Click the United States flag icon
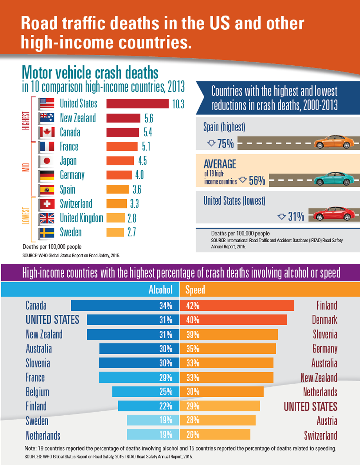pos(47,104)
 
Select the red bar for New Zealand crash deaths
pos(123,118)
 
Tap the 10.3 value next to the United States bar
pos(178,104)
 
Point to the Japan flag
pos(47,161)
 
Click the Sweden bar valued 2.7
pos(116,232)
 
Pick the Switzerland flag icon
pos(47,204)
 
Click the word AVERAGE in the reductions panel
pos(220,164)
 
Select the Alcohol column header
pos(160,290)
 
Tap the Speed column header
pos(195,290)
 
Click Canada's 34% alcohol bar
pos(124,306)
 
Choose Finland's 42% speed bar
pos(237,306)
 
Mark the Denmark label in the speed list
pos(324,320)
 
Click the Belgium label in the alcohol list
pos(38,392)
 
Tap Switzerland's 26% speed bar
pos(215,434)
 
